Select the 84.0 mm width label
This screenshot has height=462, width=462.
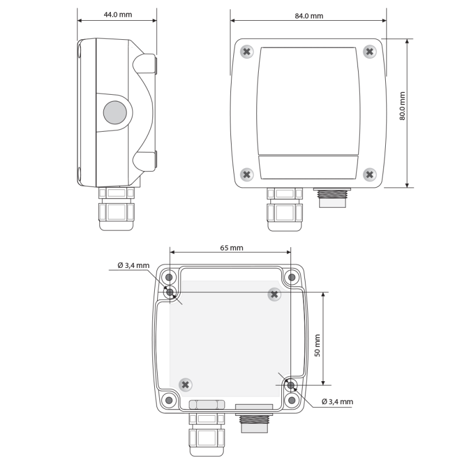click(x=308, y=16)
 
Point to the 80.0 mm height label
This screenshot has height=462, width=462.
click(x=403, y=106)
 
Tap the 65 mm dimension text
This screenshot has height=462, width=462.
click(x=232, y=248)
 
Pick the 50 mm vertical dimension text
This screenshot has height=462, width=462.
click(x=316, y=345)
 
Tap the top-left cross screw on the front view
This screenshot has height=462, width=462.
click(x=247, y=52)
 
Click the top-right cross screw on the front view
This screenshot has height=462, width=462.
click(x=370, y=52)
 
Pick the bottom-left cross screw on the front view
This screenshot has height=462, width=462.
click(x=247, y=174)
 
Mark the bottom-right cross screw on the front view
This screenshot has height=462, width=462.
click(x=370, y=174)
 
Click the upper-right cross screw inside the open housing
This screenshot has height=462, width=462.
click(x=274, y=295)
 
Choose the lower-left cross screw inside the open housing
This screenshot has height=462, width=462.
click(x=185, y=384)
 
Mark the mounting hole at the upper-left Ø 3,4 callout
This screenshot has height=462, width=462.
click(x=170, y=293)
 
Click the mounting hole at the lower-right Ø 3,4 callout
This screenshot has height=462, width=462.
click(x=292, y=385)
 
